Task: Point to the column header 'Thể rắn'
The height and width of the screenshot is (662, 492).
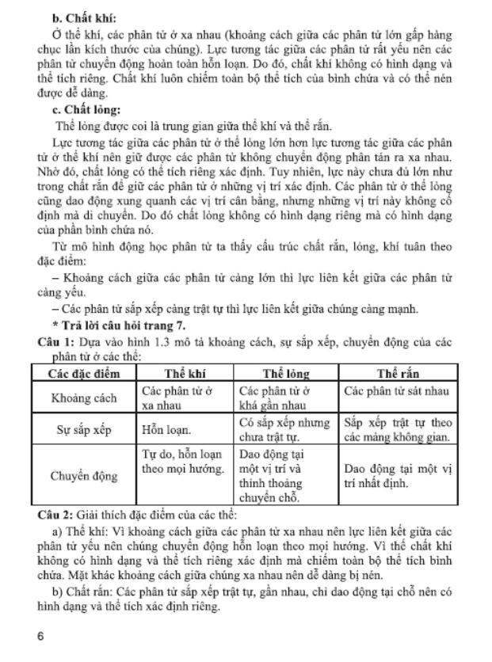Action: pyautogui.click(x=399, y=374)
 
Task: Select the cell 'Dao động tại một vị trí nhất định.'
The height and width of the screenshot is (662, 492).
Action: pyautogui.click(x=398, y=476)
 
